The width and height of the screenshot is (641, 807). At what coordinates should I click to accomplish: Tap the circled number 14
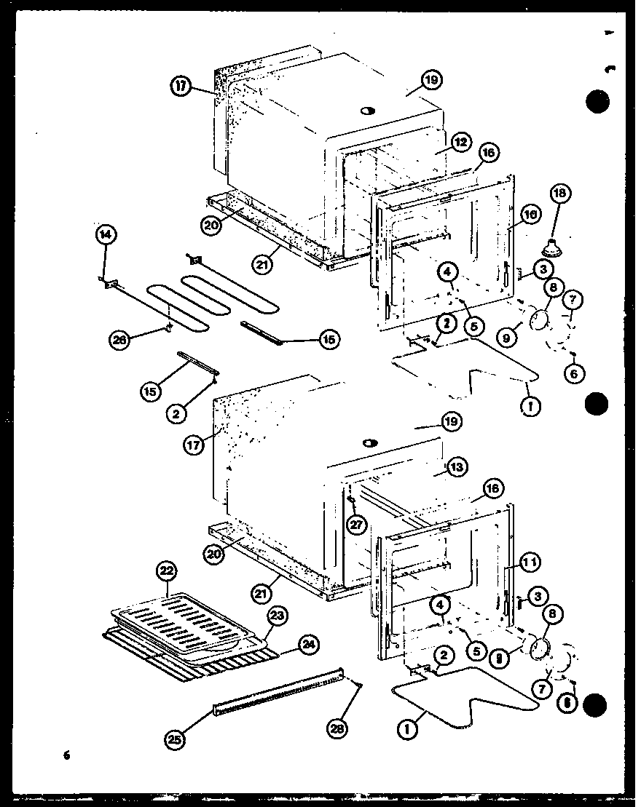(106, 234)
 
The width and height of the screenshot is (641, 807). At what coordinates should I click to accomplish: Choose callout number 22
(168, 571)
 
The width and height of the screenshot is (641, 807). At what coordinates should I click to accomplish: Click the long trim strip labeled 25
(277, 691)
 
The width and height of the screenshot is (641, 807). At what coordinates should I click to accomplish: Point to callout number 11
(529, 561)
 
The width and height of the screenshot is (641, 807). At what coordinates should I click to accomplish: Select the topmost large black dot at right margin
(598, 103)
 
